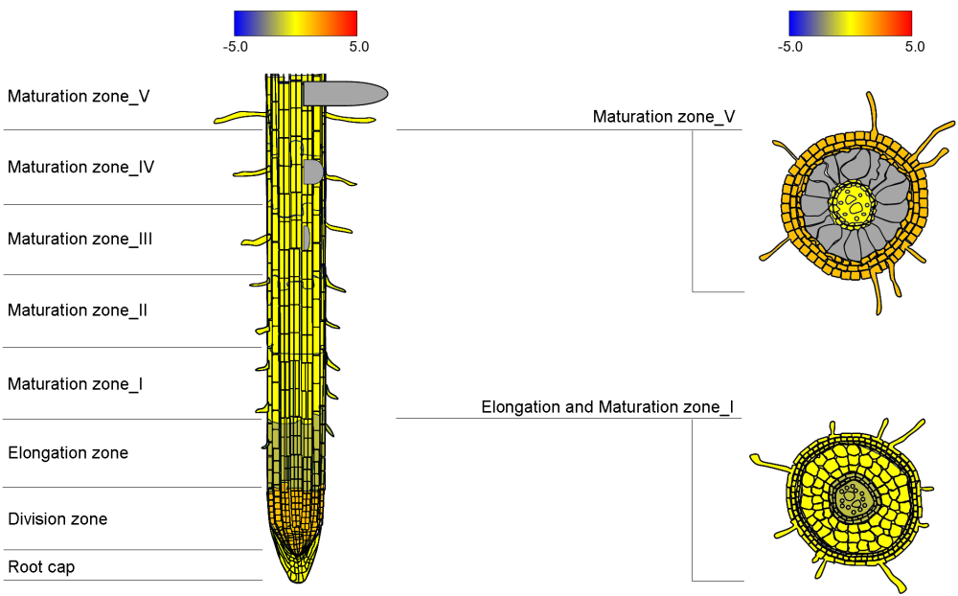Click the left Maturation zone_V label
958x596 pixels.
click(x=79, y=97)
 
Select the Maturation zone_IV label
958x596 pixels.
click(x=80, y=167)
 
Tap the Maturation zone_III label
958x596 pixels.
click(x=80, y=239)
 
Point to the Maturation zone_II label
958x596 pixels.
click(x=78, y=309)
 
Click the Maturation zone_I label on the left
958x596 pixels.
click(x=75, y=384)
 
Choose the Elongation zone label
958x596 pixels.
click(x=68, y=453)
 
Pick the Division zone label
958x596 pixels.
click(x=57, y=519)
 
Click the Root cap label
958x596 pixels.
click(x=41, y=567)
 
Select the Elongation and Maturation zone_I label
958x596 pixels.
click(x=607, y=407)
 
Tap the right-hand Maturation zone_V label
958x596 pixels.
click(x=664, y=117)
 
